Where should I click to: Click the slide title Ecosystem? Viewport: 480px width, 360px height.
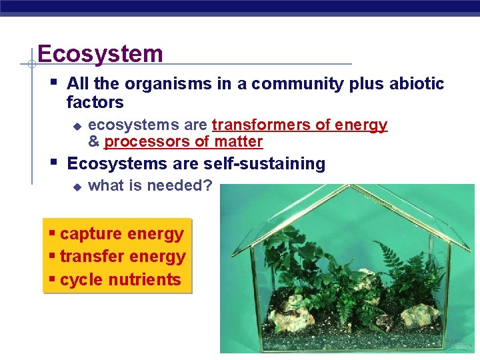pyautogui.click(x=100, y=53)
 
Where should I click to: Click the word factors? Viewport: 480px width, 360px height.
pyautogui.click(x=95, y=103)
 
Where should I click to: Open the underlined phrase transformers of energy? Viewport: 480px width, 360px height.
pyautogui.click(x=299, y=125)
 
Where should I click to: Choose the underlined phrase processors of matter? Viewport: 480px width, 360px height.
pyautogui.click(x=183, y=142)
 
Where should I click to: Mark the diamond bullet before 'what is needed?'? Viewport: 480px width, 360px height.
pyautogui.click(x=77, y=187)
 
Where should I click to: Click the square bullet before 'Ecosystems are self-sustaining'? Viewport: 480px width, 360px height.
pyautogui.click(x=54, y=162)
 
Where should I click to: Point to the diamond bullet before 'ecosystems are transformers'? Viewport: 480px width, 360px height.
pyautogui.click(x=77, y=126)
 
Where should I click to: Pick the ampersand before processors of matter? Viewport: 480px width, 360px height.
pyautogui.click(x=93, y=142)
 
